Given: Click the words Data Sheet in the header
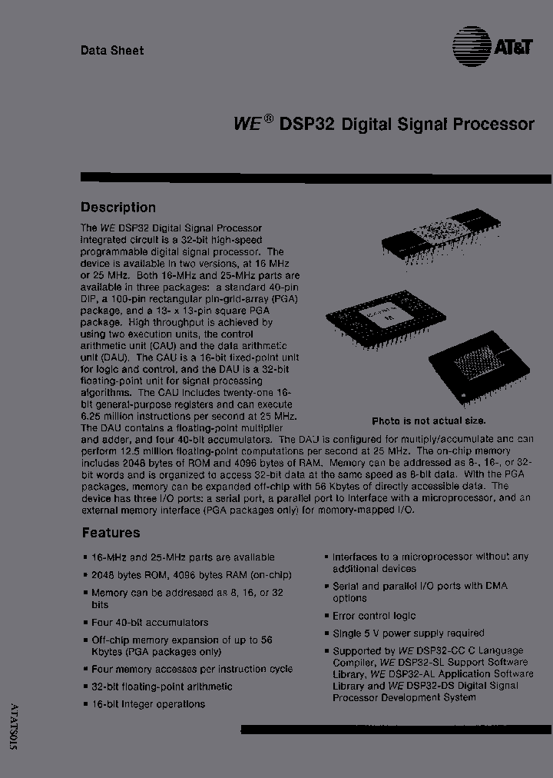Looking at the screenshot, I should (x=112, y=51).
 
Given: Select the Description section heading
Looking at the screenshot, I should (x=118, y=208).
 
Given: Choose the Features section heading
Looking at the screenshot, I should (x=111, y=533).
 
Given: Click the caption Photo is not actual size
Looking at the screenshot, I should (x=429, y=421).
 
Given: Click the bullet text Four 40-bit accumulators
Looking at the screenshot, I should (x=150, y=623).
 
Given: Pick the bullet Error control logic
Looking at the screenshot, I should (x=374, y=616).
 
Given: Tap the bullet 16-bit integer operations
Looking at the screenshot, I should (x=148, y=704).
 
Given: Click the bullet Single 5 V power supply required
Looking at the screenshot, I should (x=408, y=633).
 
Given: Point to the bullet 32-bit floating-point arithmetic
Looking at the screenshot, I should (x=161, y=687).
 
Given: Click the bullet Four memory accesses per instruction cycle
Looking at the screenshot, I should (x=192, y=669).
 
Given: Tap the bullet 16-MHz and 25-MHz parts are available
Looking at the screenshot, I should (x=183, y=557).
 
